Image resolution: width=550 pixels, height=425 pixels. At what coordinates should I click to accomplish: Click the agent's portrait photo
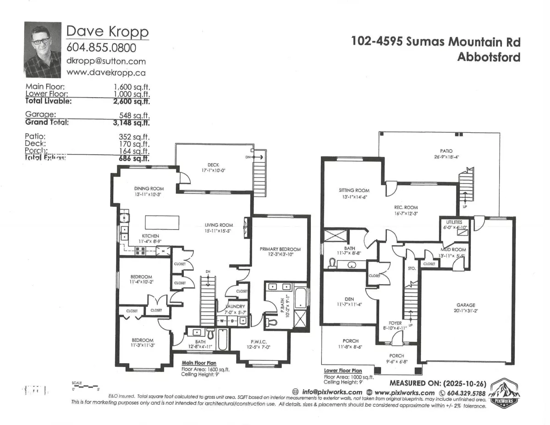[42, 50]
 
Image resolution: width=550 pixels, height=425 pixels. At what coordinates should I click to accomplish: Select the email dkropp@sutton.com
[106, 61]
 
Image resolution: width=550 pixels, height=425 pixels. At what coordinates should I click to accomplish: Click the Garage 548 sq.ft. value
[134, 115]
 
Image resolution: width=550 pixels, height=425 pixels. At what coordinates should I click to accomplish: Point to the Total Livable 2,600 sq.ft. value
[132, 101]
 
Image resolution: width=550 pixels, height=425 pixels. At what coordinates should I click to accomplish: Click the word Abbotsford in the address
[489, 57]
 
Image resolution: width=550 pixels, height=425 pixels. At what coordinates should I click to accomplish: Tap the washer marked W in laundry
[221, 320]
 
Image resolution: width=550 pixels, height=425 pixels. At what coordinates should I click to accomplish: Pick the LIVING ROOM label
[219, 225]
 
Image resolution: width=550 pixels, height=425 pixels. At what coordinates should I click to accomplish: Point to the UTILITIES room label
[454, 221]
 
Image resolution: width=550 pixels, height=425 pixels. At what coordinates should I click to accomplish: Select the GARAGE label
[465, 305]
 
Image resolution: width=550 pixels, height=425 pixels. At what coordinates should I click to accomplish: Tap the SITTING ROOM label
[354, 190]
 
